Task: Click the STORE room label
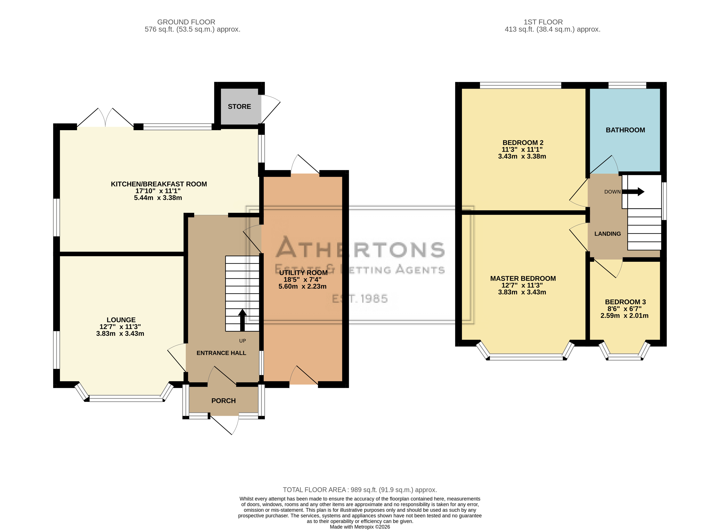(x=239, y=107)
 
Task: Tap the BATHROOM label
(x=625, y=130)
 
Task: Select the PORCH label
(x=224, y=401)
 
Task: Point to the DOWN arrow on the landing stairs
(x=633, y=192)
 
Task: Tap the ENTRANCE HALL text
(x=221, y=353)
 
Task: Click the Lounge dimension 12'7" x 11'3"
(x=120, y=327)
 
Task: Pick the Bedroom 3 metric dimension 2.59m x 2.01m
(x=624, y=316)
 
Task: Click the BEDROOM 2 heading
(x=523, y=143)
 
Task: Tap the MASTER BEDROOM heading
(x=523, y=278)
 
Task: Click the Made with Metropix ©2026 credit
(x=360, y=527)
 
